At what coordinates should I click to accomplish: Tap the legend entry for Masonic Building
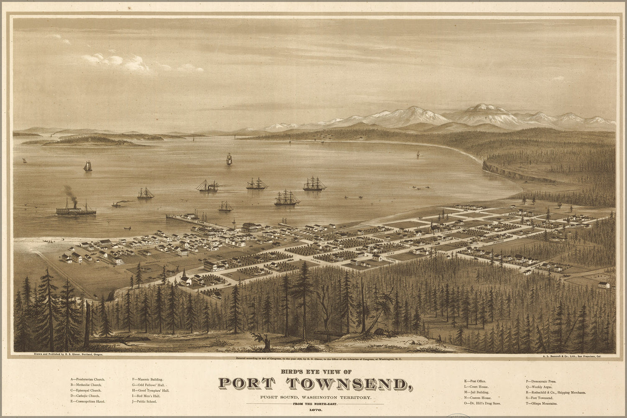click(x=147, y=380)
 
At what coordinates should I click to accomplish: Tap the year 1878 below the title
click(x=315, y=411)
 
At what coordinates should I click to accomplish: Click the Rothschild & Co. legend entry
click(x=556, y=393)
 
